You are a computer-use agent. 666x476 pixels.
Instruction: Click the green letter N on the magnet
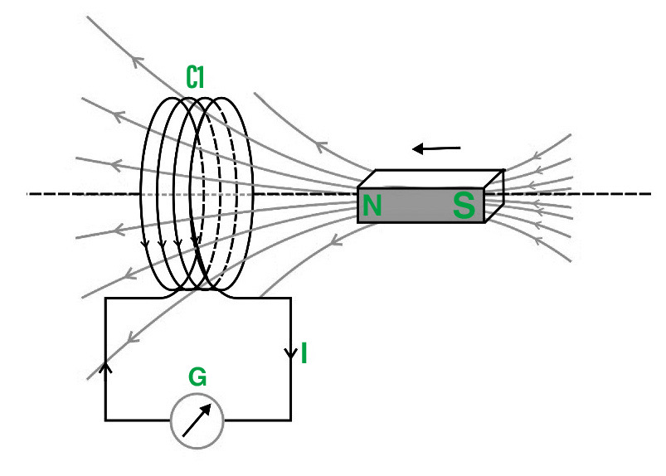[x=372, y=206]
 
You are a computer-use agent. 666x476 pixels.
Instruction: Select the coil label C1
[x=195, y=79]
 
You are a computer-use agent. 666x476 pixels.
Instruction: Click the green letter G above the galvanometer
[x=197, y=377]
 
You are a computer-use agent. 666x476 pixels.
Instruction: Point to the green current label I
[x=304, y=355]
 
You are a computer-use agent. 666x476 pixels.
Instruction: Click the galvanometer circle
[x=197, y=420]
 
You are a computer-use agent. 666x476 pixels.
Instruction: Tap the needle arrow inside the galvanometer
[x=197, y=420]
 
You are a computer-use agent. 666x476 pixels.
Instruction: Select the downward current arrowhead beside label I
[x=290, y=354]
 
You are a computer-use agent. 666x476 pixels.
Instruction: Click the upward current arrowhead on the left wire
[x=105, y=366]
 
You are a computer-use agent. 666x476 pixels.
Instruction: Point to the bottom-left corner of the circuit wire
[x=105, y=420]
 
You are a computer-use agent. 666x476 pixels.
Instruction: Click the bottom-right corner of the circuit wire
[x=290, y=420]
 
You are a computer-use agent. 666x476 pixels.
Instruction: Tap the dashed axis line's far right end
[x=651, y=194]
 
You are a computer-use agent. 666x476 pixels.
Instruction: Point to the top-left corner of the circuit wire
[x=105, y=299]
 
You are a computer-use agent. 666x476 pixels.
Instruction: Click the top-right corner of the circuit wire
[x=290, y=299]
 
